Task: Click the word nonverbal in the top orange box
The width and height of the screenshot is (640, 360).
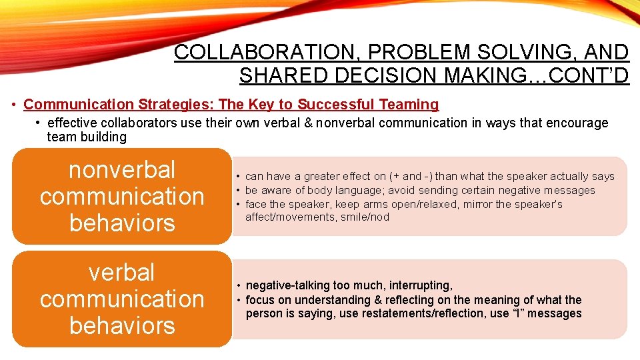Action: [122, 169]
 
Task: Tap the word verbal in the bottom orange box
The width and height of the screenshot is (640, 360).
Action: [122, 272]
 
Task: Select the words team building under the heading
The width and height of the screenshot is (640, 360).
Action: [87, 137]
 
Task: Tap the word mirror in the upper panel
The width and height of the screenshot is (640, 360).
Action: [477, 204]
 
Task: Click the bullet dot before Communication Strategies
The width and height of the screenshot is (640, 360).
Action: [15, 105]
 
